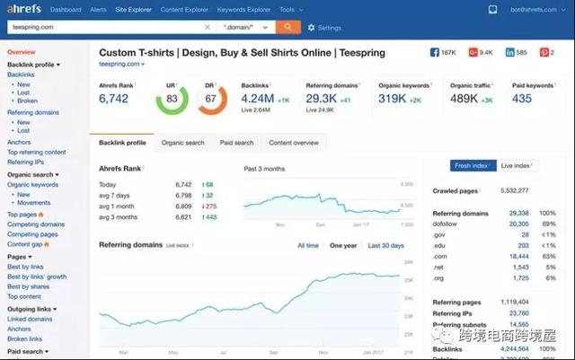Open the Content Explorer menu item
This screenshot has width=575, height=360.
click(x=186, y=10)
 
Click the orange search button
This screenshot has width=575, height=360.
click(x=289, y=28)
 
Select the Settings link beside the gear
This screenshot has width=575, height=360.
click(x=330, y=28)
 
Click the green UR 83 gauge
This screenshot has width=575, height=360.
click(x=172, y=99)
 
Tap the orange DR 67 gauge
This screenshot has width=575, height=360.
click(x=212, y=99)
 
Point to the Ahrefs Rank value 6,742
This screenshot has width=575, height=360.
click(x=116, y=99)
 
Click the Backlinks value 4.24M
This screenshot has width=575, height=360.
click(x=258, y=98)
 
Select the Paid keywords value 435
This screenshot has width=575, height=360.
click(x=522, y=98)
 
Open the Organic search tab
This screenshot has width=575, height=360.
click(x=182, y=143)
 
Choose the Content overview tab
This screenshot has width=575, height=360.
click(x=294, y=143)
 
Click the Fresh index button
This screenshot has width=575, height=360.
click(x=472, y=165)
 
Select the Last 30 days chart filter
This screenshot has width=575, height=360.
click(x=385, y=245)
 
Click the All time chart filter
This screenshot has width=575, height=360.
click(x=308, y=245)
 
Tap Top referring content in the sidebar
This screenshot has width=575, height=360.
click(x=37, y=153)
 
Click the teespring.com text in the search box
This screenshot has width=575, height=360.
click(x=31, y=28)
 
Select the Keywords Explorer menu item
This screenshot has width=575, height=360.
click(x=243, y=10)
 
